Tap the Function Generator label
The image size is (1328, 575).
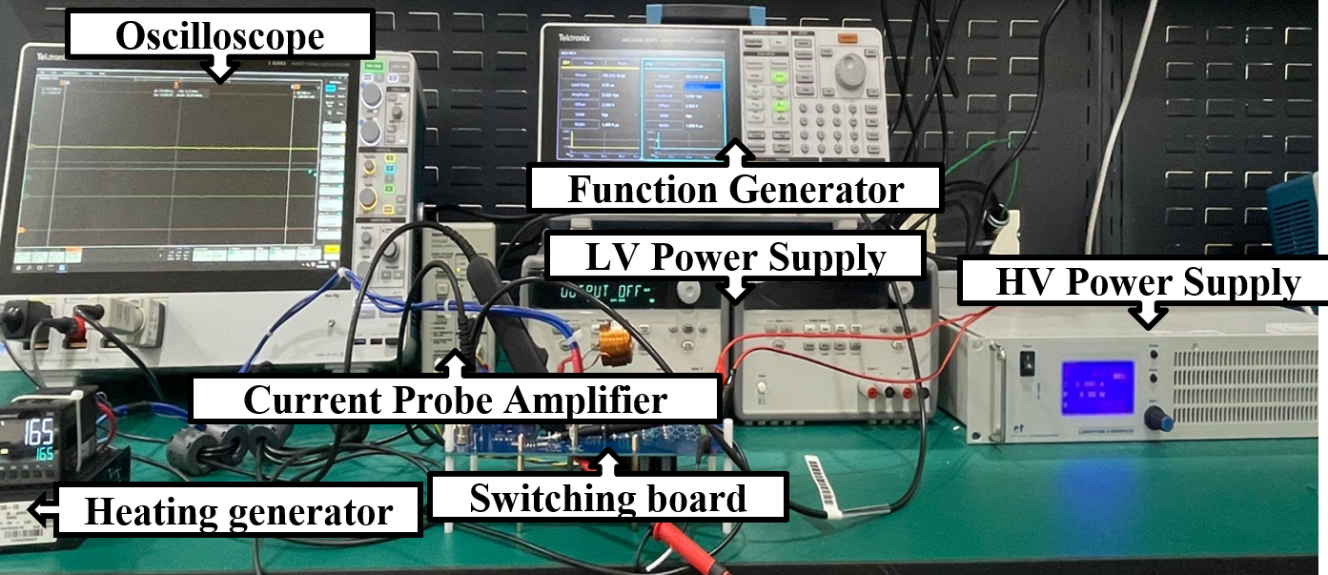(x=735, y=189)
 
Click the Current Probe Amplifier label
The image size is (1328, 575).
(x=455, y=400)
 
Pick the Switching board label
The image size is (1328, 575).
(x=607, y=499)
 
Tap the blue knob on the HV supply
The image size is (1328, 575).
(x=1158, y=418)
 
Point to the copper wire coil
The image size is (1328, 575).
(x=614, y=339)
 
